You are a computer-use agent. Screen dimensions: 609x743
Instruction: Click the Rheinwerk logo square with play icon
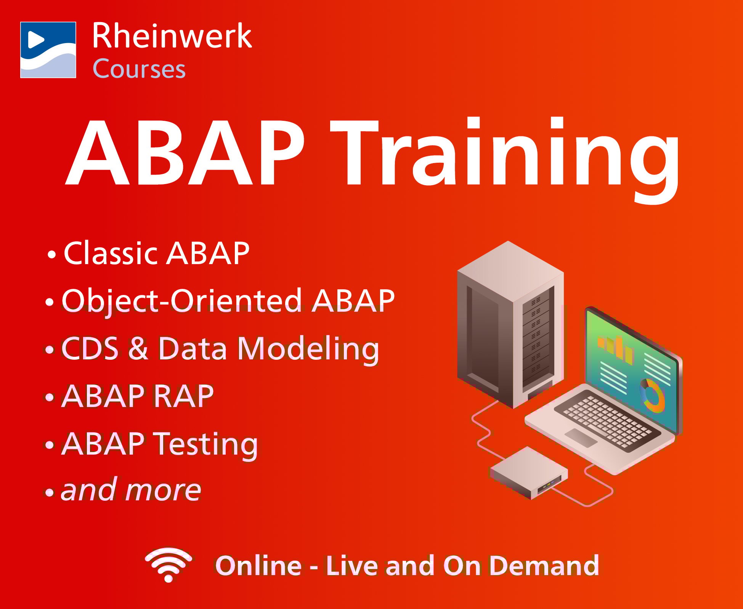tap(48, 50)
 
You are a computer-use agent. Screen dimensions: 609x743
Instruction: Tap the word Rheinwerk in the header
tap(172, 36)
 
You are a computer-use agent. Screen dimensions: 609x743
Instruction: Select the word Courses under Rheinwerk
tap(139, 69)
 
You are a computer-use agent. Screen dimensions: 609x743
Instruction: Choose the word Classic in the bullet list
tap(110, 253)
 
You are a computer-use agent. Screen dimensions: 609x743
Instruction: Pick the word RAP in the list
tap(183, 396)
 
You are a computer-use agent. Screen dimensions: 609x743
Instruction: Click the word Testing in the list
tap(206, 444)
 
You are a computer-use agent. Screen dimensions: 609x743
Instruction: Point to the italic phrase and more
tap(131, 490)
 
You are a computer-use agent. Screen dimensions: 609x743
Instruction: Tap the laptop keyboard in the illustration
tap(606, 421)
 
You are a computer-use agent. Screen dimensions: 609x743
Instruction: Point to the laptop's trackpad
tap(581, 438)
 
